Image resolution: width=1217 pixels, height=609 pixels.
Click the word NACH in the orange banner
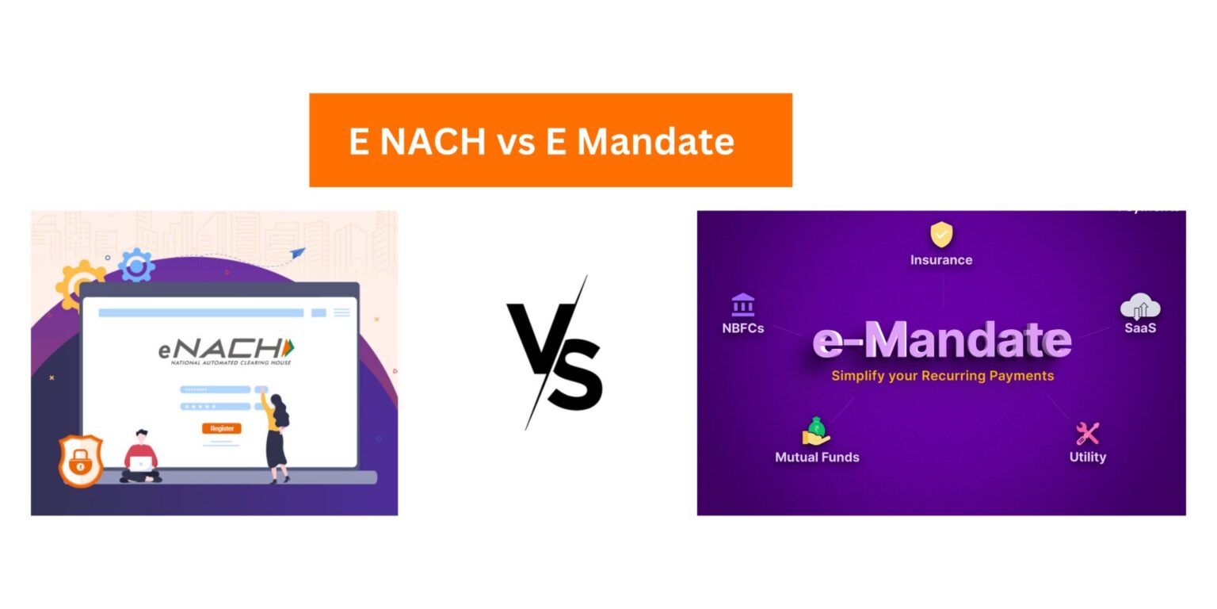(433, 141)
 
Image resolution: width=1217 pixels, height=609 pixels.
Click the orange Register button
(222, 428)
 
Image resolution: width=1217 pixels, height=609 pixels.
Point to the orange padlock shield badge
(81, 461)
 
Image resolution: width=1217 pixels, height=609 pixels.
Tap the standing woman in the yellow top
(277, 436)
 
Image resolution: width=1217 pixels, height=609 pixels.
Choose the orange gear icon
(79, 283)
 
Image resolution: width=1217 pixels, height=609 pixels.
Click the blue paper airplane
(297, 253)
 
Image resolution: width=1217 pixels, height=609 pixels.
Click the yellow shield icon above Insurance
(940, 235)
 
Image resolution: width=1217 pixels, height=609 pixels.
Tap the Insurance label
(940, 259)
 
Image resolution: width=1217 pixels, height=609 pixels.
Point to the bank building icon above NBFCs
(742, 304)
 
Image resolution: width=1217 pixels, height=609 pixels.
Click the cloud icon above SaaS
(1140, 306)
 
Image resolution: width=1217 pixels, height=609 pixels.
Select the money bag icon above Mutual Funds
(816, 431)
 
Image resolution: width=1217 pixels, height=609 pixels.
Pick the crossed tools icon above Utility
(1087, 433)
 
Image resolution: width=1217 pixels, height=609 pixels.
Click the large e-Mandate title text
(941, 340)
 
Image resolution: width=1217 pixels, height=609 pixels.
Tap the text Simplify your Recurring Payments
(942, 375)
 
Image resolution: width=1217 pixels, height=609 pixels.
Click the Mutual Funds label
(817, 457)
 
